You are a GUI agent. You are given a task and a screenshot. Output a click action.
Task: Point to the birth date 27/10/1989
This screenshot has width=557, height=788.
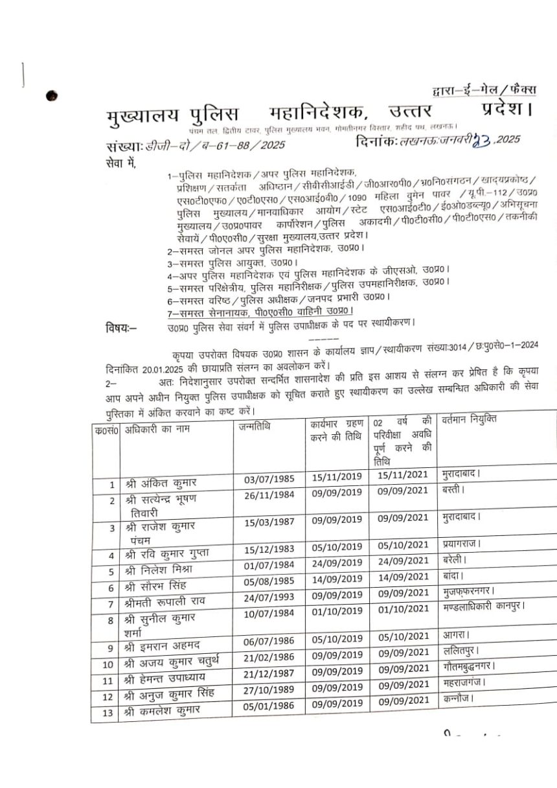(x=269, y=689)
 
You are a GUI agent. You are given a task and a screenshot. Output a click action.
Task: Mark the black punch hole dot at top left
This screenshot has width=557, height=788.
(x=52, y=97)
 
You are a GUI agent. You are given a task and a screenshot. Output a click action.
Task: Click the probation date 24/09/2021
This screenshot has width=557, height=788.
(x=404, y=561)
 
